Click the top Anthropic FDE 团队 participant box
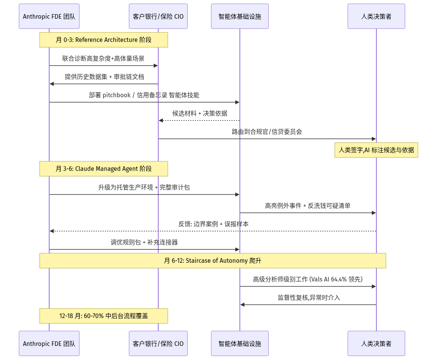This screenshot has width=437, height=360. tap(49, 16)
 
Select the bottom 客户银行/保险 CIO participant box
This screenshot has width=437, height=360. tap(158, 343)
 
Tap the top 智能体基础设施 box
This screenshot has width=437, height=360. tap(240, 16)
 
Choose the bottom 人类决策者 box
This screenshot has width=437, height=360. tap(376, 343)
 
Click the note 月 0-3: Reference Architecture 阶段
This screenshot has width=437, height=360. tap(104, 40)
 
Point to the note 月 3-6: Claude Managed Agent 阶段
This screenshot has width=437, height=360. tap(104, 169)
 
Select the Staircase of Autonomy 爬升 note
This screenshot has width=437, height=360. tap(213, 260)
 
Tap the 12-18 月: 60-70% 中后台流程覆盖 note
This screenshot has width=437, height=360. tap(104, 316)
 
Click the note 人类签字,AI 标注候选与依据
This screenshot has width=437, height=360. tap(376, 150)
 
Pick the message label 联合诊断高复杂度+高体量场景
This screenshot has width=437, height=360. tap(103, 58)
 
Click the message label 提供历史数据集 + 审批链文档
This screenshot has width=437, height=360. tap(104, 77)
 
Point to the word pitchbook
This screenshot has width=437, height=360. tap(117, 95)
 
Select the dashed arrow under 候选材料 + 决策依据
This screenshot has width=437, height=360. tap(199, 121)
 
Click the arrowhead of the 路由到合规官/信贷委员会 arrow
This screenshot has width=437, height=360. tap(374, 139)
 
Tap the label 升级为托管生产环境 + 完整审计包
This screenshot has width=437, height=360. tap(144, 187)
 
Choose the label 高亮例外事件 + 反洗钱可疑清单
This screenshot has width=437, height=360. tap(308, 206)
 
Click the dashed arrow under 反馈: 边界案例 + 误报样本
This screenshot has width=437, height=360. tap(213, 231)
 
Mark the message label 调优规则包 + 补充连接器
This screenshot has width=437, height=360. tap(144, 242)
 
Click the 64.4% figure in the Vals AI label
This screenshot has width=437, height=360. tap(339, 279)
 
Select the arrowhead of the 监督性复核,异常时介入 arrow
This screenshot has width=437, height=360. tap(243, 305)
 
